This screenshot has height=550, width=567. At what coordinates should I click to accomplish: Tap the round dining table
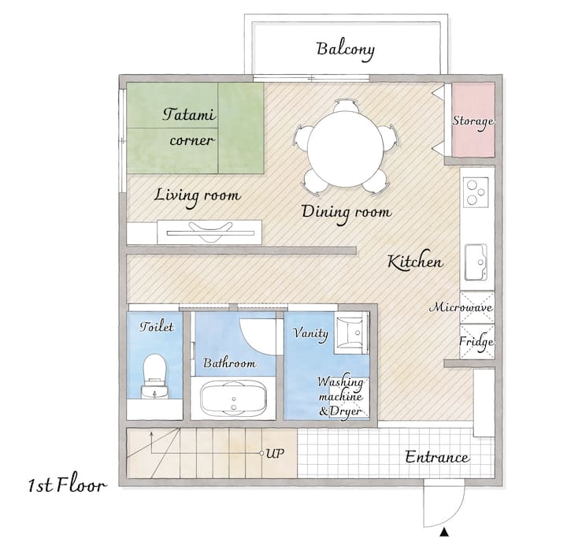(346, 149)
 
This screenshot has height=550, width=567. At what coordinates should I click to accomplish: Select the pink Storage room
(473, 120)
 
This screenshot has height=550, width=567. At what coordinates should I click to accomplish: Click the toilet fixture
(155, 377)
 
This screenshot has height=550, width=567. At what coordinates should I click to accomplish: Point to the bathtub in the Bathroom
(234, 399)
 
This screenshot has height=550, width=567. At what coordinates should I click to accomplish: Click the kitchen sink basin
(476, 262)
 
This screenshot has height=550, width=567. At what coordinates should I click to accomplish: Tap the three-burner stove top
(476, 191)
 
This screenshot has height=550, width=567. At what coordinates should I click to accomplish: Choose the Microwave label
(461, 307)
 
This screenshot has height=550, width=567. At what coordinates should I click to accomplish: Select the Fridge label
(476, 342)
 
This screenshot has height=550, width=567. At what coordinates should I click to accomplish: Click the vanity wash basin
(350, 333)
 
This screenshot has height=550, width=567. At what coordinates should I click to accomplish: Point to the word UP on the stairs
(275, 453)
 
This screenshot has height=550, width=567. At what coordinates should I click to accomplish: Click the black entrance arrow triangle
(444, 532)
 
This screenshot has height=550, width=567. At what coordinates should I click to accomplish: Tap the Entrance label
(437, 457)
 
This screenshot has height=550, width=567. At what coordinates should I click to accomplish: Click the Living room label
(197, 196)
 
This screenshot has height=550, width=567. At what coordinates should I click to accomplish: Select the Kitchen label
(415, 261)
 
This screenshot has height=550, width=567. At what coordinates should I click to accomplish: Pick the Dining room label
(346, 213)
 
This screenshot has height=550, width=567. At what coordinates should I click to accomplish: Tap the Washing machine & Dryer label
(340, 396)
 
